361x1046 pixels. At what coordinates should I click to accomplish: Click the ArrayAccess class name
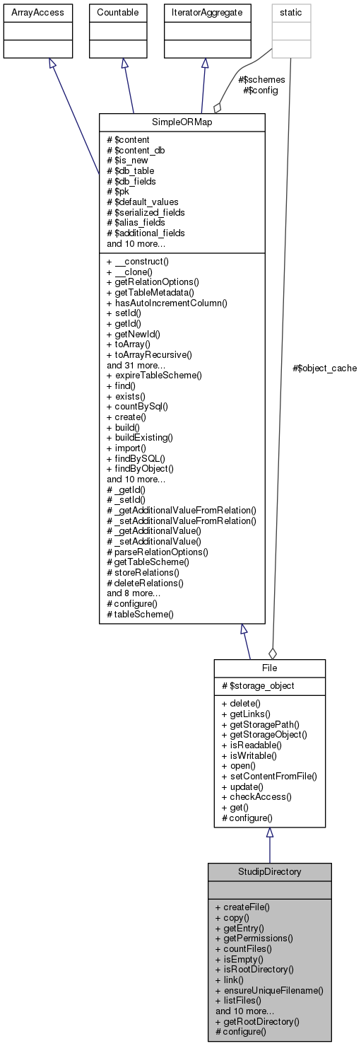coord(28,13)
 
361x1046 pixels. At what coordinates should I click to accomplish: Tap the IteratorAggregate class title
coord(204,13)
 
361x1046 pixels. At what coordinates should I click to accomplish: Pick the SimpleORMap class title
coord(182,122)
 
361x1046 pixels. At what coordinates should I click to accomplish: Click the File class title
coord(269,668)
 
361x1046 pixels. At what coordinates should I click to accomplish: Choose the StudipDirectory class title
coord(268,871)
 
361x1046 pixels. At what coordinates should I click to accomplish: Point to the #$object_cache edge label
coord(324,368)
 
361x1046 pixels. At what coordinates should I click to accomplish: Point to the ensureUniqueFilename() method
coord(269,990)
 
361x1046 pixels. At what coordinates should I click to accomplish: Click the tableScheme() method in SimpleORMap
coord(140,615)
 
